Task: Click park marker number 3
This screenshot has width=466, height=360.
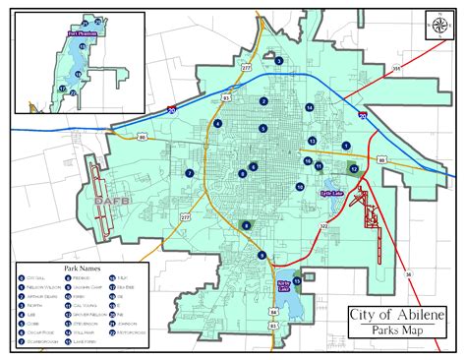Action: coord(279,61)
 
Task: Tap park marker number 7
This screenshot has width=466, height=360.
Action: coord(189,173)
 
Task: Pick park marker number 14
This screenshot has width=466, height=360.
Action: coord(309,106)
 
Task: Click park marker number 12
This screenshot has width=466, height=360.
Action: coord(353,169)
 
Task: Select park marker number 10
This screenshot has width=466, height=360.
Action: coord(300,186)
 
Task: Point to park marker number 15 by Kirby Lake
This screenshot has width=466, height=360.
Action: coord(297,279)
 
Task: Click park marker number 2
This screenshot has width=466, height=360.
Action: coord(263,100)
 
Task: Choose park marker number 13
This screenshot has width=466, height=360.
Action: coord(312,141)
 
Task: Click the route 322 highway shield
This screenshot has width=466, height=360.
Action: coord(322,226)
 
